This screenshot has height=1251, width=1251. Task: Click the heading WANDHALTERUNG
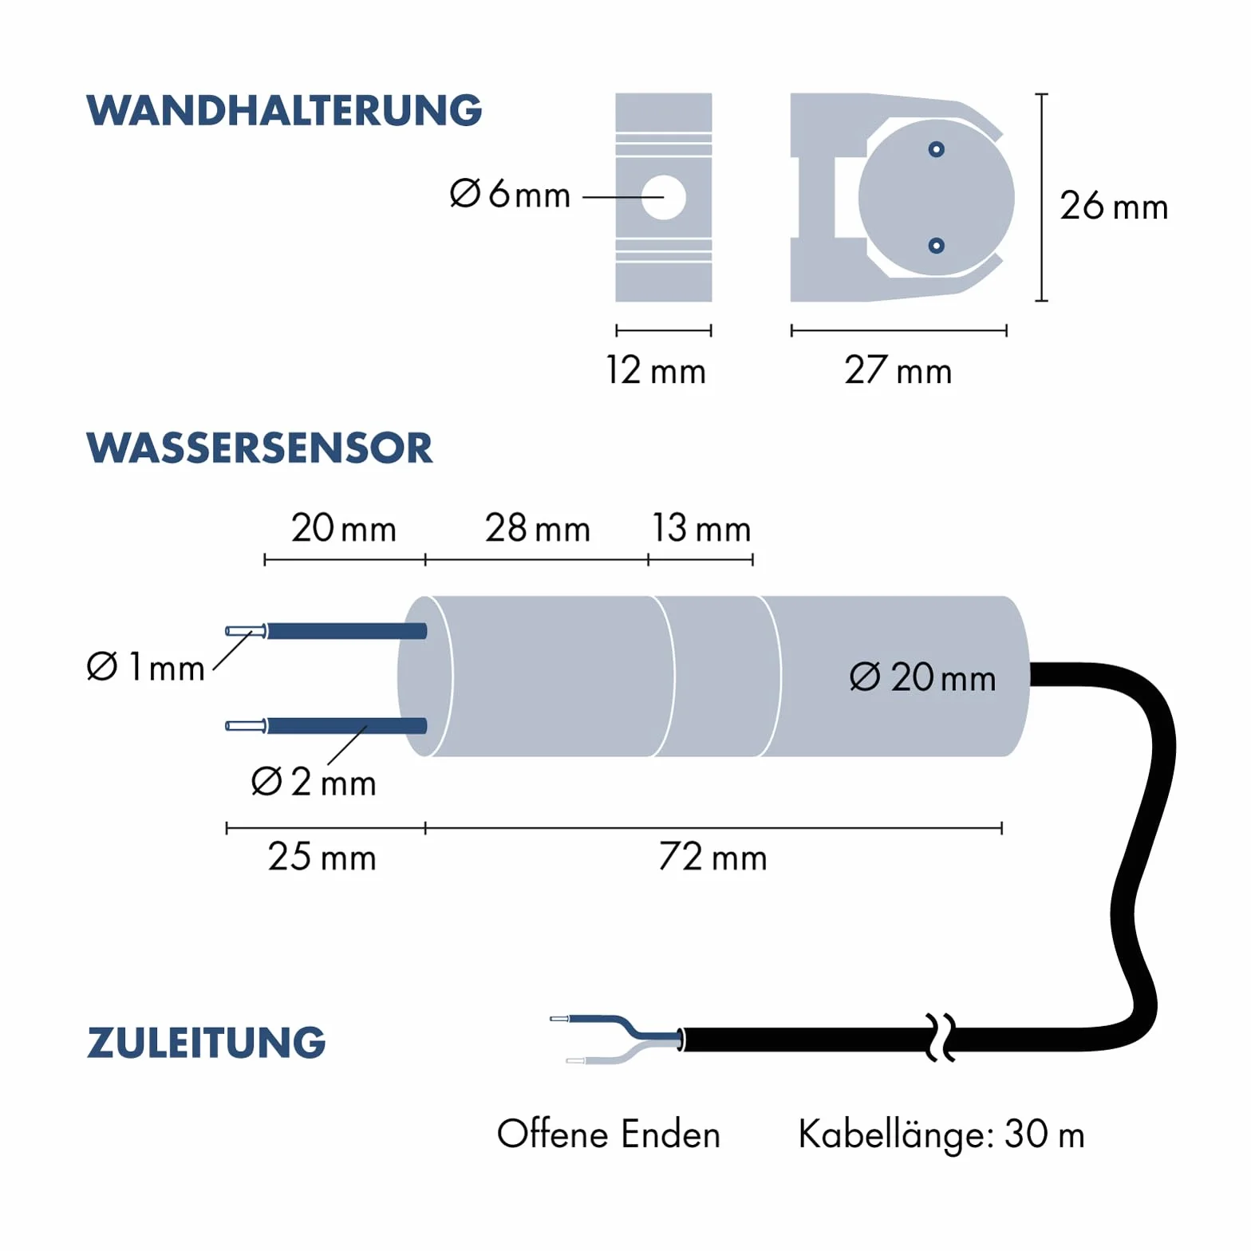(284, 110)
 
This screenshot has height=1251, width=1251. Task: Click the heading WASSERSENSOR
(259, 448)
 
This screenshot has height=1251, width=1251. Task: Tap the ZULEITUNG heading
(207, 1043)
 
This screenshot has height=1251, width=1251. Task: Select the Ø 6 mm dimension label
(510, 194)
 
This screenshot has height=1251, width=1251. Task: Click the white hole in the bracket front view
(664, 197)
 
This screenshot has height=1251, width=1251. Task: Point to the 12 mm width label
(656, 371)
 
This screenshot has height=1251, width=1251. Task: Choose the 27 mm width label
(898, 371)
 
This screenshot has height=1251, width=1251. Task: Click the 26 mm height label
(1114, 206)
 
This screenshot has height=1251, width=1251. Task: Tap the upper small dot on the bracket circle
(937, 149)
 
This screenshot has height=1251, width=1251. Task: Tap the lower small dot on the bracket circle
(937, 246)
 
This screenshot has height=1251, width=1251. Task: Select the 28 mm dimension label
(538, 528)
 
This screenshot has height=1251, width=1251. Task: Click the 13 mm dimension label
(701, 528)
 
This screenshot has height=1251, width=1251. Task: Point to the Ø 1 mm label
(146, 666)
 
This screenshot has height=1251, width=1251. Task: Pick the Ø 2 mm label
(314, 782)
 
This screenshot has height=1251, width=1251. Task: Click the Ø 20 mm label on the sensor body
(923, 677)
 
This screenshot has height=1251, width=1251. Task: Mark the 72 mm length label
(713, 858)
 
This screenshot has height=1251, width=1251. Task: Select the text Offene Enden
(609, 1134)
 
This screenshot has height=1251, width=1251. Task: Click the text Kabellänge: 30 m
(941, 1135)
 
